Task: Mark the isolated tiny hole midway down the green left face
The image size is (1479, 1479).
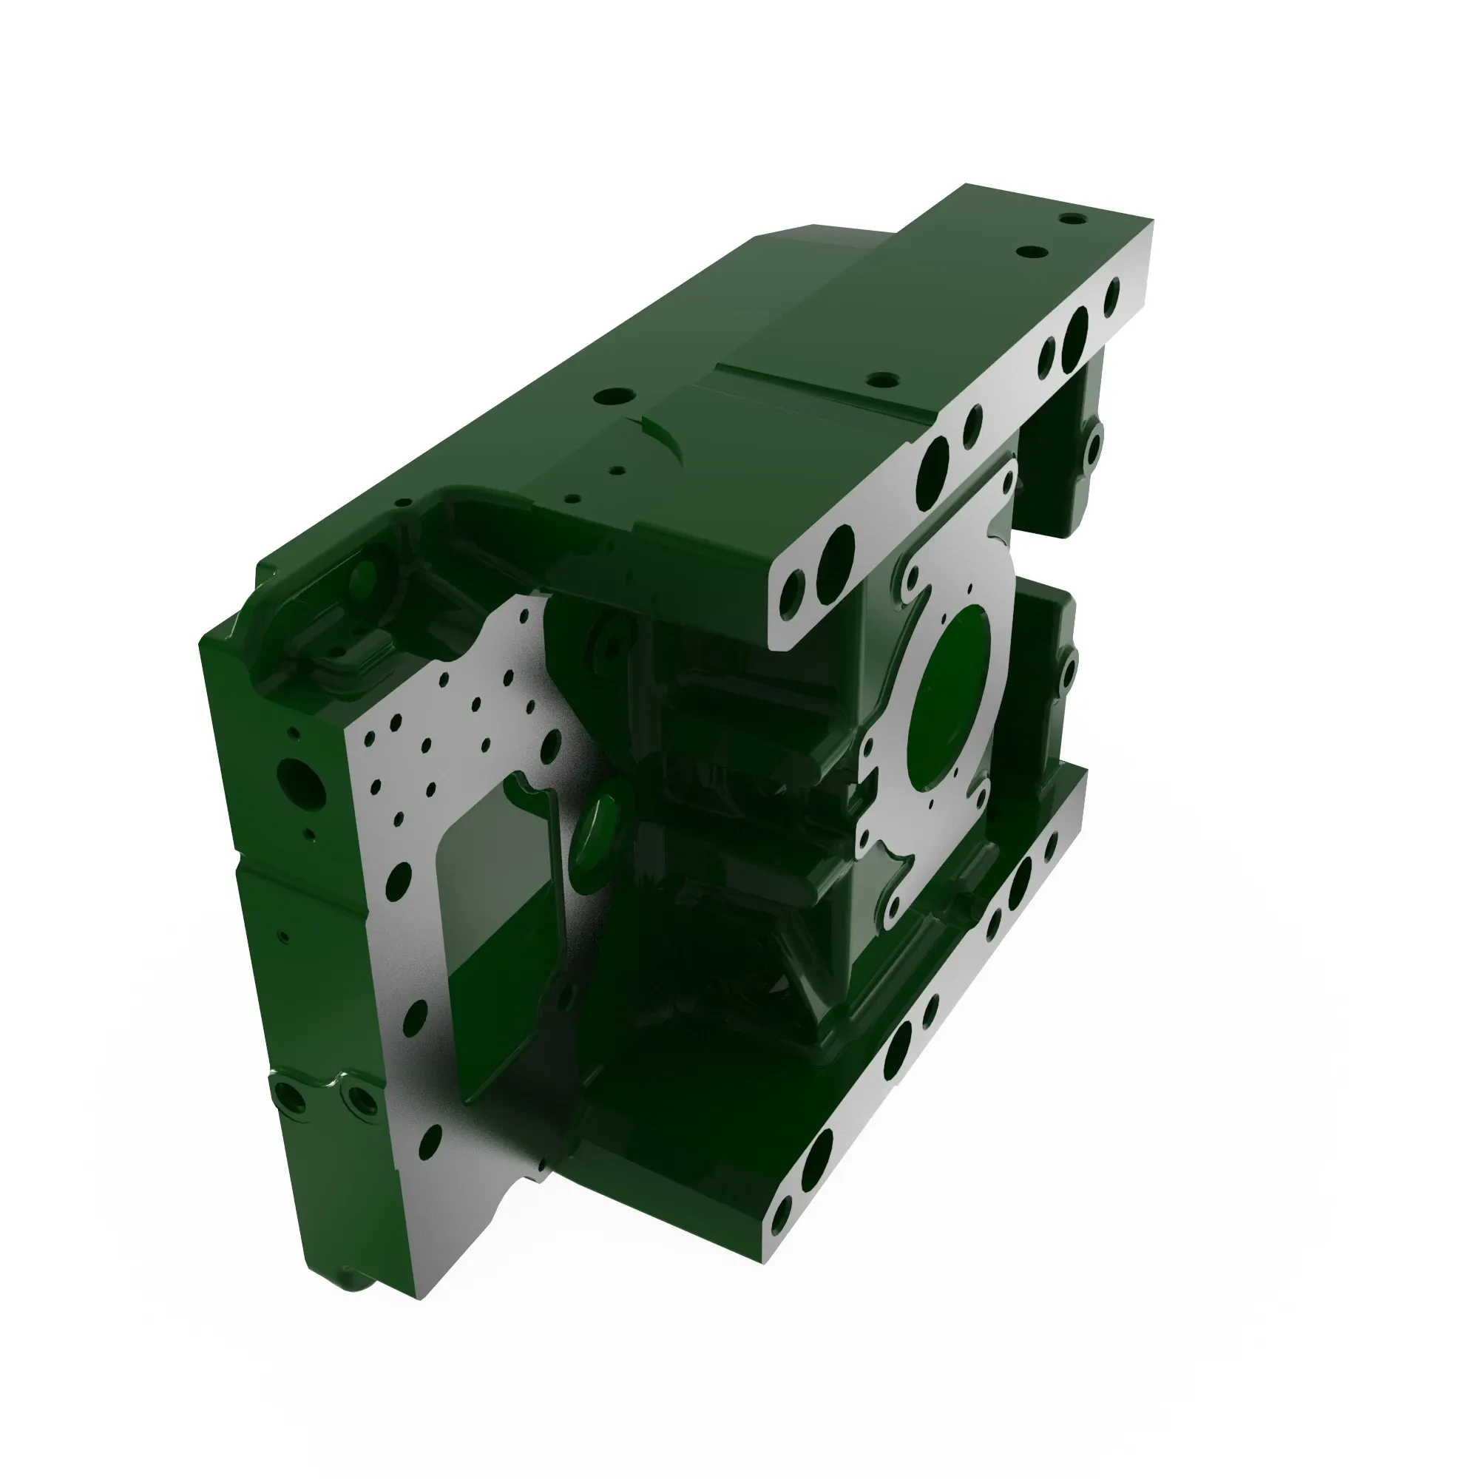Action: tap(283, 935)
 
